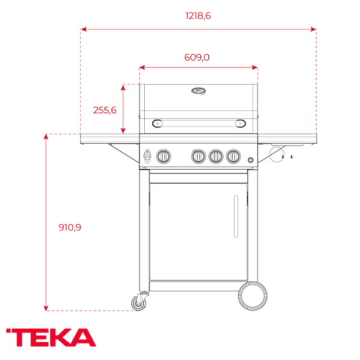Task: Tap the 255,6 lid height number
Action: [104, 110]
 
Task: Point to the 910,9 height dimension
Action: [70, 227]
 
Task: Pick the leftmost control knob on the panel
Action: [163, 157]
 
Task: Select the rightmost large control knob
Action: [232, 157]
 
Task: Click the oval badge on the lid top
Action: [198, 91]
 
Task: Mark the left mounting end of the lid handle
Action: [157, 123]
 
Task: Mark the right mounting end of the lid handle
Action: [240, 123]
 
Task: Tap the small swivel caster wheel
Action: [140, 303]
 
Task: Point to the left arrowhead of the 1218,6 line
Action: [83, 28]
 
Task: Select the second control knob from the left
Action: [197, 157]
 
